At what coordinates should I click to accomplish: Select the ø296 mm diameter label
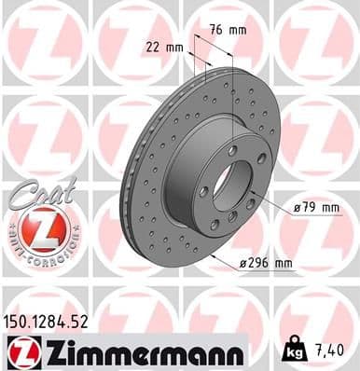click(x=265, y=264)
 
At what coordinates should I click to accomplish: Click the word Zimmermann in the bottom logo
click(x=140, y=352)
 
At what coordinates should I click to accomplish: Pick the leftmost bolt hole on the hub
click(x=203, y=191)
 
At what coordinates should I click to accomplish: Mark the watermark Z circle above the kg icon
click(x=316, y=308)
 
